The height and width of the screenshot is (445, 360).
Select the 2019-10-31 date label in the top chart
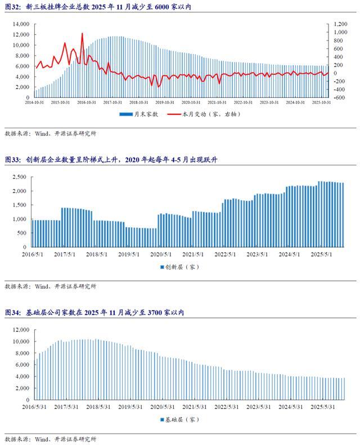[166, 102]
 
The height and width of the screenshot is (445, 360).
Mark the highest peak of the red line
[82, 33]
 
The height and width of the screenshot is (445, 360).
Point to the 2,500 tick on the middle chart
[20, 177]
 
